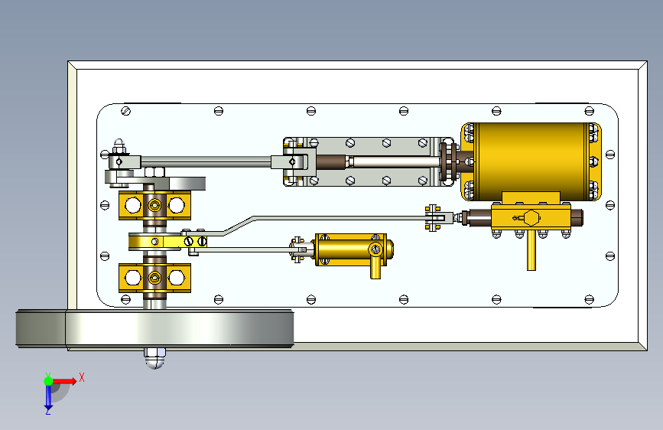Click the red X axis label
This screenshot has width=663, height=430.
81,377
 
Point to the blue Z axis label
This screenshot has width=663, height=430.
47,411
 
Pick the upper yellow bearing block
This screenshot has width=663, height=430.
154,204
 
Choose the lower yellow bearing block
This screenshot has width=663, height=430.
154,277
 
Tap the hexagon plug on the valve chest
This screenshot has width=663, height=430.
531,217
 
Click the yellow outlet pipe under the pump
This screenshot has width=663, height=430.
375,267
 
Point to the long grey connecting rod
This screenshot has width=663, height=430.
206,161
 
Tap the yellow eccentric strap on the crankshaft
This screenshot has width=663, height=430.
157,242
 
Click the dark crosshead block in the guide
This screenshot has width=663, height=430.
333,161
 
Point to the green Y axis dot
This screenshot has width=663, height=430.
47,380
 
